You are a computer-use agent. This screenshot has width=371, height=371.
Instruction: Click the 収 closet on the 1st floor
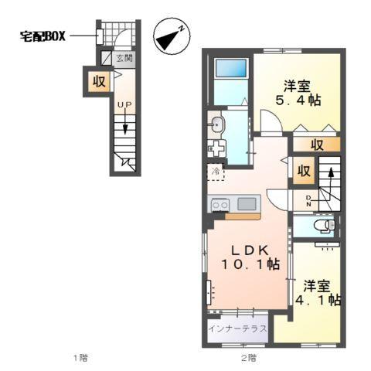coord(99,80)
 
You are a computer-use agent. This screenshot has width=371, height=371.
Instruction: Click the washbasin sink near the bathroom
coord(216,124)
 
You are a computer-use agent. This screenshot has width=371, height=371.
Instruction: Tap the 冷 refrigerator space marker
coord(215,172)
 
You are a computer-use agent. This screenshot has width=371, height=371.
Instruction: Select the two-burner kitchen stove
coord(220,204)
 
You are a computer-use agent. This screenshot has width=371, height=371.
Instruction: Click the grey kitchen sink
coord(247,204)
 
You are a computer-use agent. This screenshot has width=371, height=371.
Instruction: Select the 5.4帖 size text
coord(298,100)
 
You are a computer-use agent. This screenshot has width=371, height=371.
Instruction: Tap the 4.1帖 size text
coord(318,299)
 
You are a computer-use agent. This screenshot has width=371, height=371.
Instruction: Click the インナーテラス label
coord(239,328)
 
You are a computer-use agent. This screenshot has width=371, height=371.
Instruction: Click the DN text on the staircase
coord(310,202)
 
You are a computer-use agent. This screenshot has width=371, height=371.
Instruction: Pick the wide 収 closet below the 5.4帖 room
coord(317,145)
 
